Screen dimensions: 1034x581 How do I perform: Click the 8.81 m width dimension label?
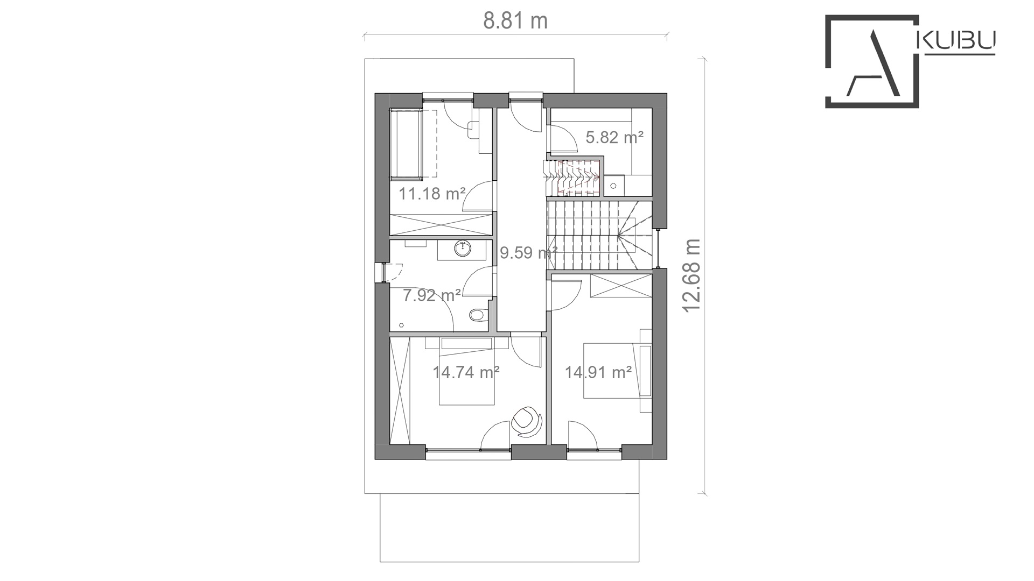tap(515, 21)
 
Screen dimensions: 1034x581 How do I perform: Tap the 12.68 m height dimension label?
tap(691, 275)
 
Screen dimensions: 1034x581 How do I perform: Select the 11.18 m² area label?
tap(432, 193)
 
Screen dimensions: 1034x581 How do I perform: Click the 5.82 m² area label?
tap(614, 138)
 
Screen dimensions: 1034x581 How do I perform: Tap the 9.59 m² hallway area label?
tap(528, 252)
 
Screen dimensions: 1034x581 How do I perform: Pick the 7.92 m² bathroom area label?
tap(432, 295)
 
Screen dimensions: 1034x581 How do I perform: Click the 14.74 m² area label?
tap(466, 372)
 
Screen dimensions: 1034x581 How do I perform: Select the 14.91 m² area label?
tap(598, 372)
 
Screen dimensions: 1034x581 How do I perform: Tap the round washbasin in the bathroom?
tap(463, 249)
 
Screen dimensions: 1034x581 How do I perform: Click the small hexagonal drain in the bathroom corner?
tap(401, 325)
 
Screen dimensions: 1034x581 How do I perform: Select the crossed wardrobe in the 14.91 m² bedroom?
tap(620, 285)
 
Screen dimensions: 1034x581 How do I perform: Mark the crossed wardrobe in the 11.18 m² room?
tap(441, 224)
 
